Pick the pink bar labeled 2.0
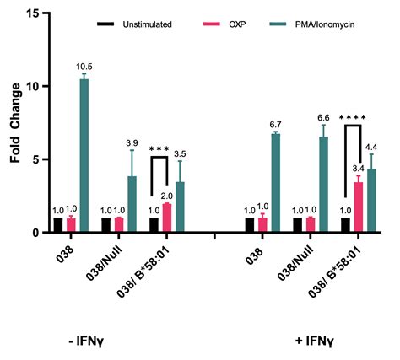pyautogui.click(x=167, y=218)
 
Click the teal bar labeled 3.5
pyautogui.click(x=178, y=207)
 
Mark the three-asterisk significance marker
pyautogui.click(x=159, y=150)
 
